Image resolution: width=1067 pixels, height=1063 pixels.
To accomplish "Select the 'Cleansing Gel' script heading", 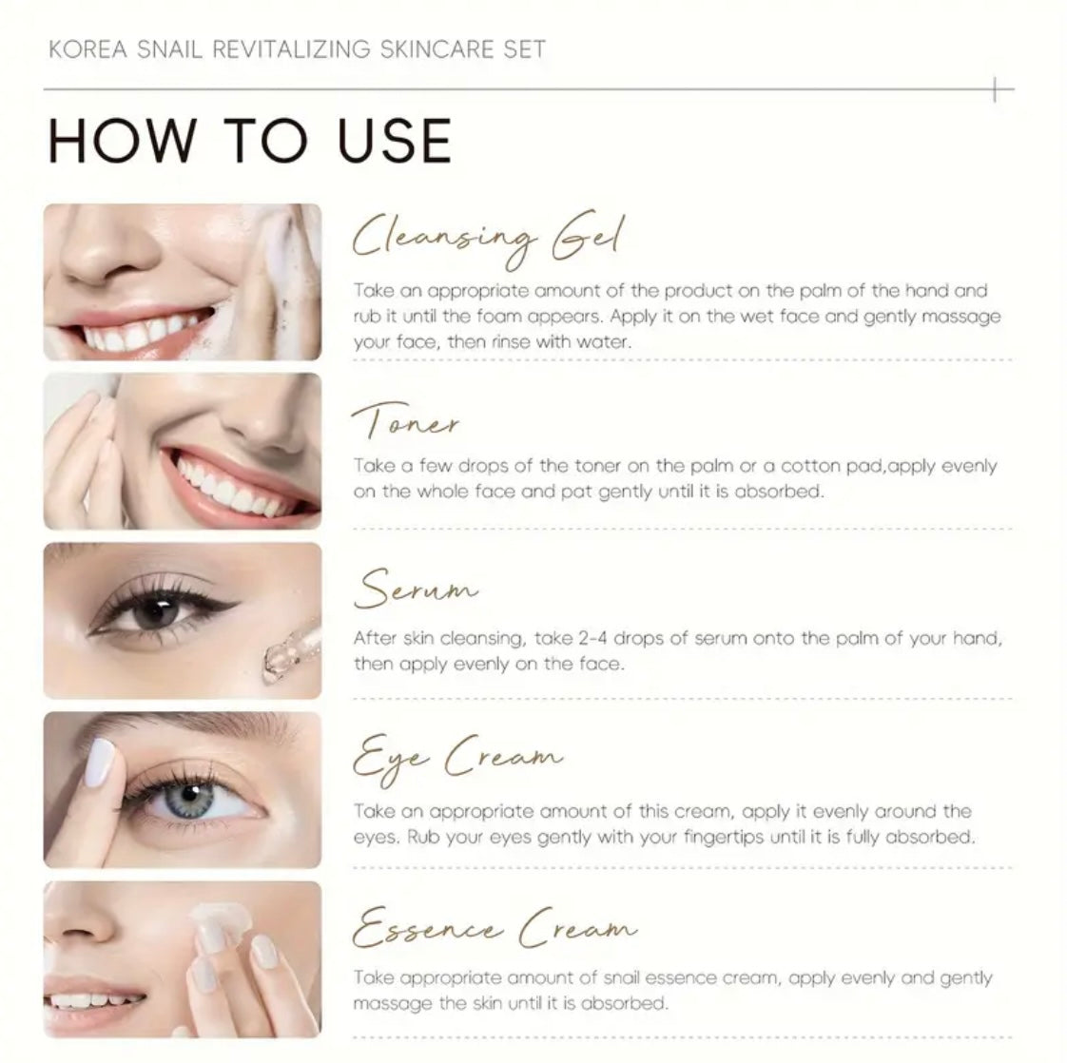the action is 487,240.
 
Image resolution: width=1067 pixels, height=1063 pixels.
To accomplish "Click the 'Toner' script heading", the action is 405,421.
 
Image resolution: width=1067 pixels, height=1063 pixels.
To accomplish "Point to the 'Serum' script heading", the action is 416,589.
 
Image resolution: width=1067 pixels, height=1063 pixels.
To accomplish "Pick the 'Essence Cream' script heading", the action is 495,928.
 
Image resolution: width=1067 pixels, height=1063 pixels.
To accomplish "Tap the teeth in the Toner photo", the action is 231,486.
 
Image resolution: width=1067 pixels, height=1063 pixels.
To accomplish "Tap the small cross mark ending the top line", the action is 995,89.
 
